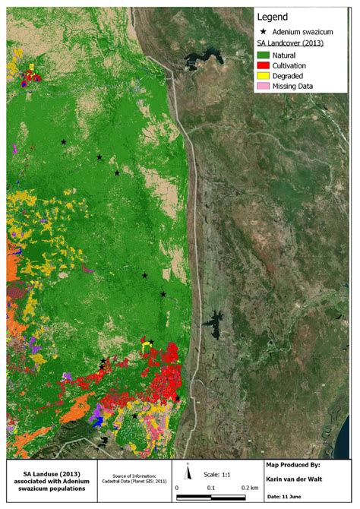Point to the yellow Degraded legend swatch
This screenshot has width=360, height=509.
click(x=265, y=76)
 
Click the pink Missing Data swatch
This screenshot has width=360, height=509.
click(x=265, y=87)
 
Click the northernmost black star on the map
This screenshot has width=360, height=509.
click(x=64, y=142)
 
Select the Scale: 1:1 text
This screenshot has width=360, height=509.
click(x=216, y=473)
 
